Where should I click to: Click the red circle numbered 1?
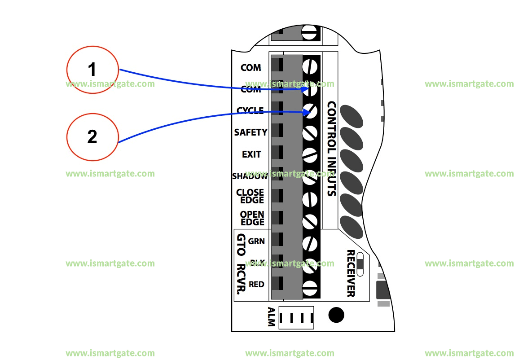92,70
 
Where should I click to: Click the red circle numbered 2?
92,136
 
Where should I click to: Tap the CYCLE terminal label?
250,110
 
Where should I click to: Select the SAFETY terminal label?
251,132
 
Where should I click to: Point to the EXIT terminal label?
251,154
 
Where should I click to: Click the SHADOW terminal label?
250,176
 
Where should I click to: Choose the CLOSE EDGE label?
250,196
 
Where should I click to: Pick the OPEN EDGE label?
252,218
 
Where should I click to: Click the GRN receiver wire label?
256,241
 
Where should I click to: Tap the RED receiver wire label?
256,285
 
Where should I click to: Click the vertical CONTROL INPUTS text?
331,149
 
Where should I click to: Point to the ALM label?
271,317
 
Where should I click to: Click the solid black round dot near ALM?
336,315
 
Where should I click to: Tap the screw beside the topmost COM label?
310,67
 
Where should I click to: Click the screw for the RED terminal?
310,288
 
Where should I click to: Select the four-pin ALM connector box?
296,318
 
